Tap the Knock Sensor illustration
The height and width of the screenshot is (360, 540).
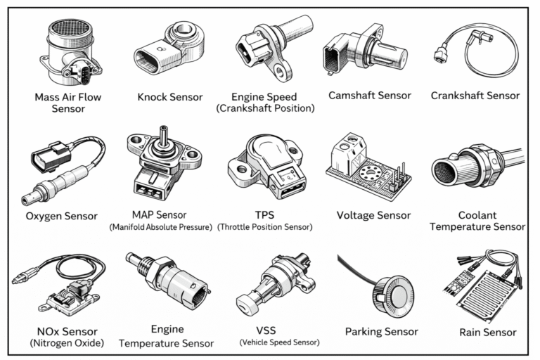pyautogui.click(x=169, y=50)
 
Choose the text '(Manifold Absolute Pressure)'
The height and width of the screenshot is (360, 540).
pyautogui.click(x=160, y=228)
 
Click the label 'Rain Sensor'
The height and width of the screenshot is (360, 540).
pyautogui.click(x=487, y=332)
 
